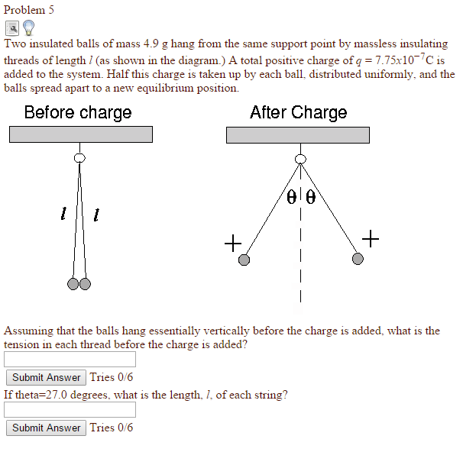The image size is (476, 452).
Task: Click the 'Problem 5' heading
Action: pos(29,10)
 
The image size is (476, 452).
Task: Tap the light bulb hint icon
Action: pos(29,28)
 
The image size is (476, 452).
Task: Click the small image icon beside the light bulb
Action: pos(12,29)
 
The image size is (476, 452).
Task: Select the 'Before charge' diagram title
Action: pos(78,113)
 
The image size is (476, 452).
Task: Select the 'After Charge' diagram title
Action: pos(298,113)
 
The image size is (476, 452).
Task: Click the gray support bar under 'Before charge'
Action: pos(80,134)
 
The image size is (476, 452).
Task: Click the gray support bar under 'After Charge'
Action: pos(297,134)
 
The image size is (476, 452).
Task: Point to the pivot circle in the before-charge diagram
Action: pos(79,158)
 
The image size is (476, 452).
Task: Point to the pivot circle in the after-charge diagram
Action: pos(300,159)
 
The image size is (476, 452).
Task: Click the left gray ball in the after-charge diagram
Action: pos(244,260)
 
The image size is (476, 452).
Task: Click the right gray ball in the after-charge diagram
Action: pos(358,260)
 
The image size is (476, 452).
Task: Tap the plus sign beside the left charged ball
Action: pos(232,244)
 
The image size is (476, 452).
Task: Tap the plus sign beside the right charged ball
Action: pos(370,240)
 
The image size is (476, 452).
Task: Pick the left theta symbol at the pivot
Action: pos(291,197)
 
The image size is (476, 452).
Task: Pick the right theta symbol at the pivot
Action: pos(310,197)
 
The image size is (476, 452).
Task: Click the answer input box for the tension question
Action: pos(70,359)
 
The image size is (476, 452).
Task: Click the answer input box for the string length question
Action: pos(70,409)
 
